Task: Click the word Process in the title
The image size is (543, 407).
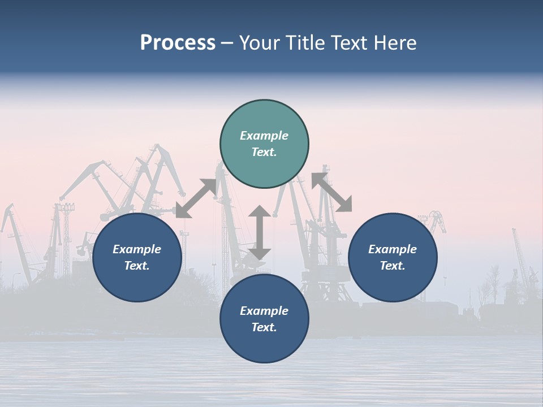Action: [178, 43]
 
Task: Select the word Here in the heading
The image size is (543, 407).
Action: [395, 43]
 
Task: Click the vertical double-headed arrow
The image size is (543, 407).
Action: [260, 232]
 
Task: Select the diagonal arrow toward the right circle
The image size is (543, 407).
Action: [331, 192]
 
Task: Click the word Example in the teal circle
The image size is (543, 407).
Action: [264, 136]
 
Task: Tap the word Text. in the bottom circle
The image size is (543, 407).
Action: [264, 327]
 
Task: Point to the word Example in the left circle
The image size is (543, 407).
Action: [137, 249]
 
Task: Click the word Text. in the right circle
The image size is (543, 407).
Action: [393, 266]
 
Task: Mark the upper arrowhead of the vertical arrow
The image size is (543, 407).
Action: [260, 211]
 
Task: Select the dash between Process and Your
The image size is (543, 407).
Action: [227, 43]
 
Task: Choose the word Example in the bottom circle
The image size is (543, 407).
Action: [264, 311]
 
